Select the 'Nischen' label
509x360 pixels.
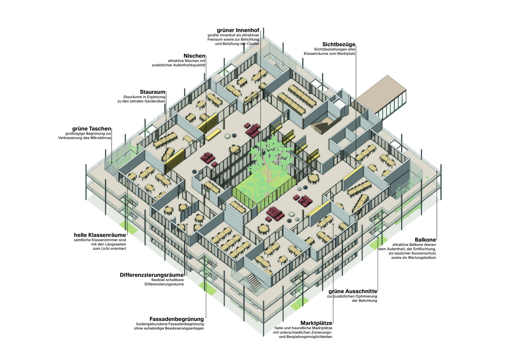coord(194,56)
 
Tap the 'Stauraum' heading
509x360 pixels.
coord(152,92)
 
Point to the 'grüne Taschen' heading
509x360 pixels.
coord(91,129)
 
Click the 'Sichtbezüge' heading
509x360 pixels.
coord(338,45)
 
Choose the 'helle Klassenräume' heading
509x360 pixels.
coord(100,235)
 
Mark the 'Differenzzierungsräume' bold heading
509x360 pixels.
coord(151,275)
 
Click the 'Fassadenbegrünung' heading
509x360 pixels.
coord(177,319)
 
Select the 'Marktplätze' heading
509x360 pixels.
coord(316,323)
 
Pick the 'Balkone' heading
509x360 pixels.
coord(425,240)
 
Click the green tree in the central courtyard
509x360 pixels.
coord(269,159)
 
